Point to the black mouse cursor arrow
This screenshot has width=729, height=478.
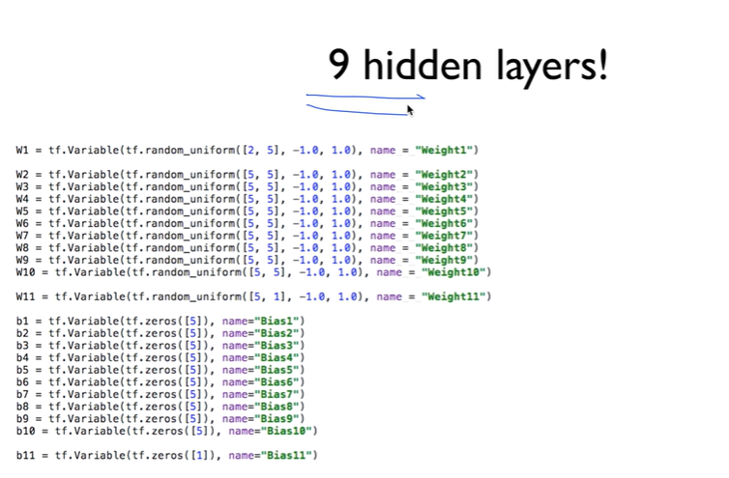click(410, 109)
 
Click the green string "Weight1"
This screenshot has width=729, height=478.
click(447, 150)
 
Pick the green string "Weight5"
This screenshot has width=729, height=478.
click(447, 211)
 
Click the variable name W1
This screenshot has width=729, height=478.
click(22, 150)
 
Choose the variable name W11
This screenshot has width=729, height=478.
click(26, 295)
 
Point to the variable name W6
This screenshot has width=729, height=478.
click(22, 223)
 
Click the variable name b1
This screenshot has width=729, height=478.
click(22, 321)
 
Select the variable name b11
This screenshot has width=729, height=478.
click(26, 455)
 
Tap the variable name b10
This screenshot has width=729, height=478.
click(26, 431)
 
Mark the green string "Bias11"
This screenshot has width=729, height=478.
click(287, 455)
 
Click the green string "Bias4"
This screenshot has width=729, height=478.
click(276, 357)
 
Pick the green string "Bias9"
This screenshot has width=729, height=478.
click(276, 418)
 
